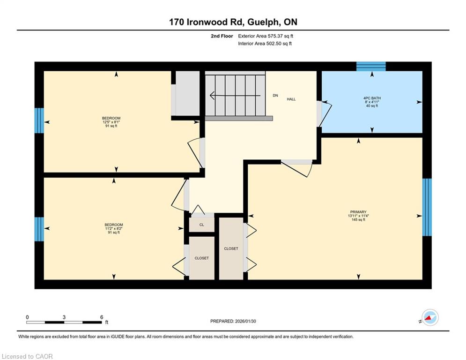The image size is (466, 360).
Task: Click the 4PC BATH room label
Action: pos(372,98)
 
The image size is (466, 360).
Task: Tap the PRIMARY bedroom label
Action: pos(358,212)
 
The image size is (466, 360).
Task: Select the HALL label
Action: pos(291,99)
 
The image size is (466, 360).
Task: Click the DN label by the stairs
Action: pos(275,96)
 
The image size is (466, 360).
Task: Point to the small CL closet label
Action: pos(202,225)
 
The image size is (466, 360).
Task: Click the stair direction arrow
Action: pos(236,96)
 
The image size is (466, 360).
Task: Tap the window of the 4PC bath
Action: pos(371,67)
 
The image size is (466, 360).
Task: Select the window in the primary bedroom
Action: pos(427,207)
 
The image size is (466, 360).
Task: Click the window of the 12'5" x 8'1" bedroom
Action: pos(39,120)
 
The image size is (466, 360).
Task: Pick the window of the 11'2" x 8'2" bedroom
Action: pos(39,229)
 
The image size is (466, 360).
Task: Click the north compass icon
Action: pos(430,317)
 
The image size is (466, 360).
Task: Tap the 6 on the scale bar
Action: pos(102,317)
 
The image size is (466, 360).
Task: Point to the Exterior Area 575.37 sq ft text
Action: pos(266,36)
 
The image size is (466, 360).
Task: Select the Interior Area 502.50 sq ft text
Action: pos(265,44)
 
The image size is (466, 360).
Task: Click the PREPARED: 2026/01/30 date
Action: pos(233,321)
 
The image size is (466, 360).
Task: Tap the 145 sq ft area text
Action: pos(358,220)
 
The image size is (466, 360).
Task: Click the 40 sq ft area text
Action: pos(372,105)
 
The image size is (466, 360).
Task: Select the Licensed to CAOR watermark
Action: pos(27,356)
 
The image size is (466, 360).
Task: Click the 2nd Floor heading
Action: pos(222,36)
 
